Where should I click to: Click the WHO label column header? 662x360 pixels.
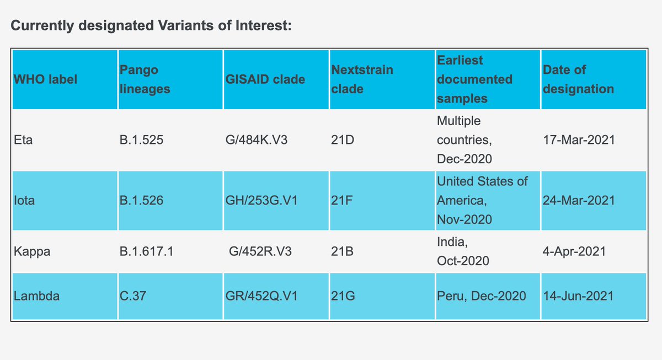[x=45, y=79]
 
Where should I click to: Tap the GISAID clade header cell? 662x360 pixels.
[x=265, y=79]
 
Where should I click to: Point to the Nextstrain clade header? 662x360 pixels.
[x=362, y=79]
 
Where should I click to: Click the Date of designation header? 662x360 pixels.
[x=578, y=79]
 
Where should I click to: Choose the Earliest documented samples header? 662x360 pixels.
[x=474, y=79]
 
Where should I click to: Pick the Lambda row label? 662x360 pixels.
[x=37, y=296]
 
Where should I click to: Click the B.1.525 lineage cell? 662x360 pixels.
[x=141, y=140]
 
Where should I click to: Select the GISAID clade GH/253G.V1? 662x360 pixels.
[x=262, y=201]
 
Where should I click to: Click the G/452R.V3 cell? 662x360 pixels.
[x=260, y=251]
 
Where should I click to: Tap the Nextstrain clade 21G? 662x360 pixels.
[x=343, y=296]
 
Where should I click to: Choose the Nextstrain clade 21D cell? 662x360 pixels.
[x=343, y=140]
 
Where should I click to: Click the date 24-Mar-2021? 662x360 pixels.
[x=578, y=201]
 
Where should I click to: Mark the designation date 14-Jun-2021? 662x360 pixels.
[x=578, y=296]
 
